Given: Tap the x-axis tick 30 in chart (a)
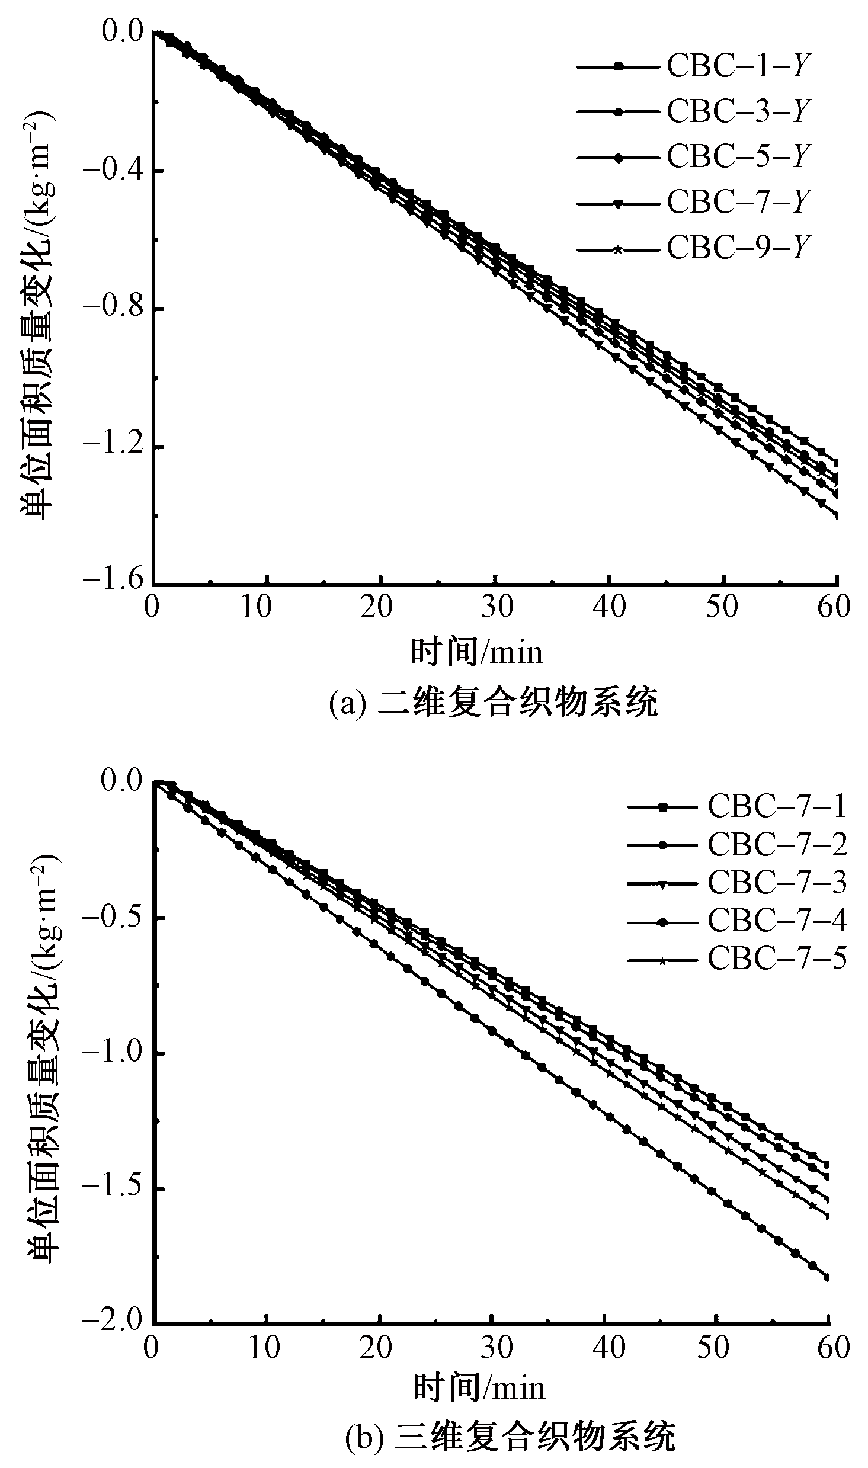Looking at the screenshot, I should tap(496, 607).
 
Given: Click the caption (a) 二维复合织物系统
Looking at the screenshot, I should tap(493, 704).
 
